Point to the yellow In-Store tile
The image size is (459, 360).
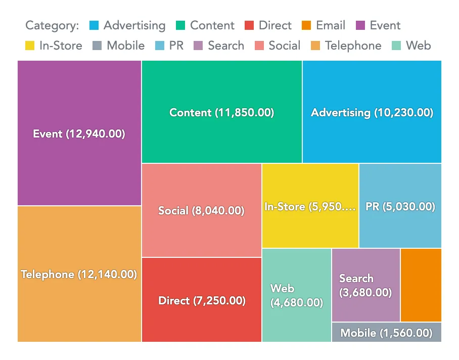click(310, 206)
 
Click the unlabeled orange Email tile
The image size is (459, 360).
click(421, 285)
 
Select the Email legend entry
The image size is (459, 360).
click(324, 25)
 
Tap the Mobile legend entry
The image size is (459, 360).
click(119, 46)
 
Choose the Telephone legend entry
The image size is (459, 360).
click(346, 46)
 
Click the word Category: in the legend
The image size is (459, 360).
click(52, 25)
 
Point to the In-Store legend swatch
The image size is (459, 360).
click(30, 46)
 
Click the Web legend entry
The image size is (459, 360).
click(411, 46)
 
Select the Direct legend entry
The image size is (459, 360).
click(268, 25)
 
